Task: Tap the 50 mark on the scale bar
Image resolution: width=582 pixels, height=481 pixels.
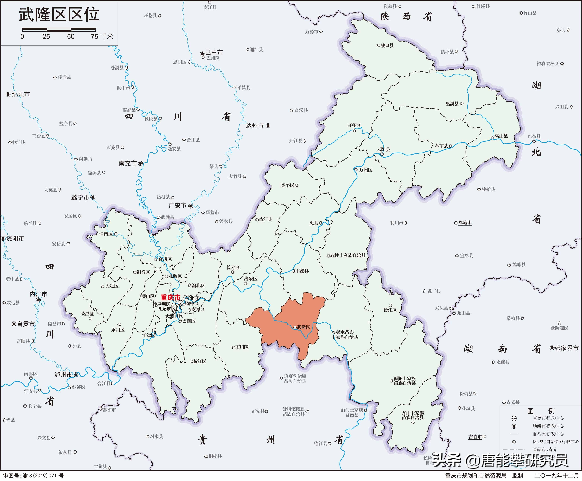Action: point(71,37)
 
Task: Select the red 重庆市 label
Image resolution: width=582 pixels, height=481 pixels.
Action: point(170,297)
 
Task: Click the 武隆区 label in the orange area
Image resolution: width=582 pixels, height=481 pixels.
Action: point(303,327)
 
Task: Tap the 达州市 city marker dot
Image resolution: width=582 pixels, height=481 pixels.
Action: point(268,126)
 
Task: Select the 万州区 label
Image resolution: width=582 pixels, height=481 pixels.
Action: point(366,170)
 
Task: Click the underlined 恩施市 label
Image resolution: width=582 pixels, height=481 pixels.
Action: point(465,223)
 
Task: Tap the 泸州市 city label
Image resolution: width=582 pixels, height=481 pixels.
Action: point(63,375)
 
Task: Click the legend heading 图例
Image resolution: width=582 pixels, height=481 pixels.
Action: point(540,411)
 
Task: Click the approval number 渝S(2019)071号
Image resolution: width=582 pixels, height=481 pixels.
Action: point(43,476)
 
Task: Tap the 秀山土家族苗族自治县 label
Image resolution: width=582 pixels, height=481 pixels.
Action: point(413,415)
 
